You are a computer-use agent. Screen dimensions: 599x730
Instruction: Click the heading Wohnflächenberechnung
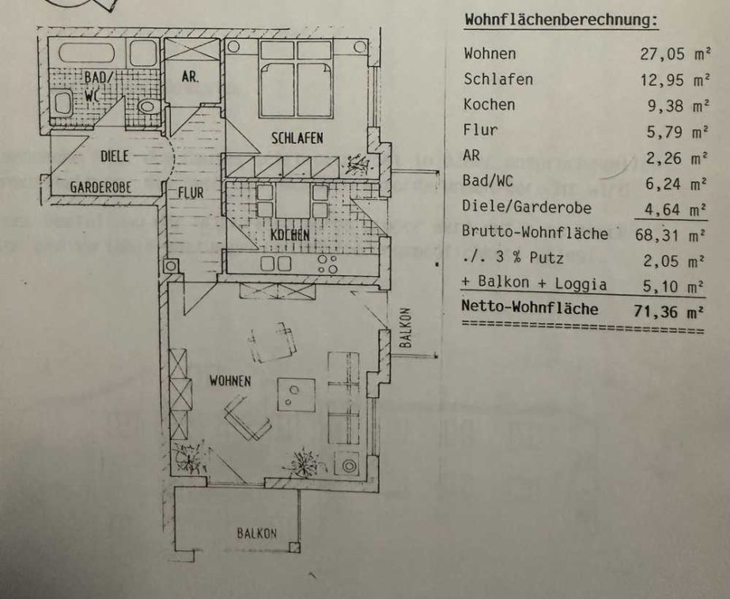point(561,20)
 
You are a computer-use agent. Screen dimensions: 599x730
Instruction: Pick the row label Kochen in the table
point(490,104)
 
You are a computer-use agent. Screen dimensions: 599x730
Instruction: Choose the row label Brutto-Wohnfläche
point(535,233)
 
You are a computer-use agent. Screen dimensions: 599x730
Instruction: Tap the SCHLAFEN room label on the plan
point(297,138)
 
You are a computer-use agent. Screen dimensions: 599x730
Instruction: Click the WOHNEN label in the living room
point(230,381)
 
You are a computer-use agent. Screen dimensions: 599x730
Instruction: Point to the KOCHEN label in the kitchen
point(289,235)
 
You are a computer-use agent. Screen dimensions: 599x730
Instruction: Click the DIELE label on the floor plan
point(115,157)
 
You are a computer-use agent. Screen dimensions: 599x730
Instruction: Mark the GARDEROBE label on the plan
point(100,188)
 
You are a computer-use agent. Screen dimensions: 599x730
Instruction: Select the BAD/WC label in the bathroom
point(98,82)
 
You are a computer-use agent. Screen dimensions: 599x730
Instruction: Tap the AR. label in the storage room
point(190,78)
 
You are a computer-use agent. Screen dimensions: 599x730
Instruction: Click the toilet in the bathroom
point(146,106)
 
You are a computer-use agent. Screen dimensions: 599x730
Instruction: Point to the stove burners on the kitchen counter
point(324,263)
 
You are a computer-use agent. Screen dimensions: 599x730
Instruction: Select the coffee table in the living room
point(296,393)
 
